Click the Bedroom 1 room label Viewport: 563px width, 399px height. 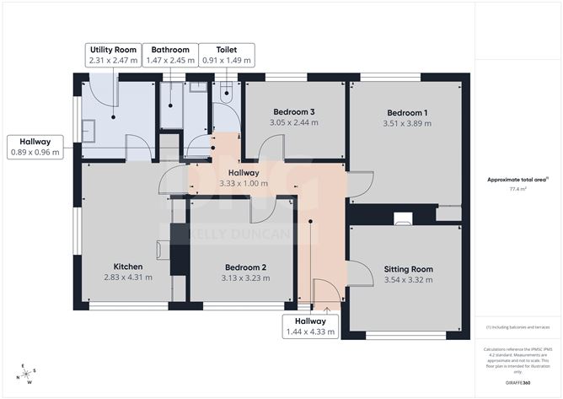coord(407,113)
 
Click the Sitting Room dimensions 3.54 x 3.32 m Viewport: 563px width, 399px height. coord(408,280)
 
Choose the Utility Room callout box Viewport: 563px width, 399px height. coord(112,55)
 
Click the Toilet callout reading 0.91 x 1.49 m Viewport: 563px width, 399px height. coord(225,61)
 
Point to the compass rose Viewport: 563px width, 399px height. coord(28,373)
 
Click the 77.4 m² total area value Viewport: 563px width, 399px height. coord(517,190)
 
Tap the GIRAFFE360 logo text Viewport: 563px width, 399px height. coord(517,383)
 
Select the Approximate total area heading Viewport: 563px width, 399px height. coord(517,179)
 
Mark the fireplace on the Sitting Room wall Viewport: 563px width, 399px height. coord(403,218)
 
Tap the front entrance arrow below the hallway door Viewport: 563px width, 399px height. coord(326,310)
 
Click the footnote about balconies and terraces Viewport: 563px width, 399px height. coord(517,326)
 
